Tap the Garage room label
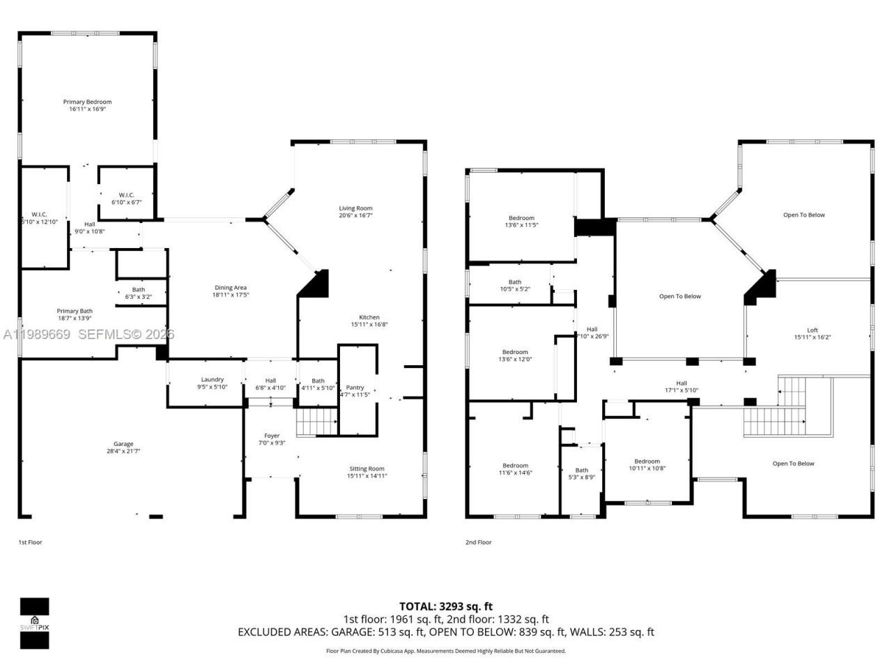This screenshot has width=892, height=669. [123, 444]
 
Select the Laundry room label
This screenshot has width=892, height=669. [212, 379]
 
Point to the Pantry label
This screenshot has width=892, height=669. [355, 387]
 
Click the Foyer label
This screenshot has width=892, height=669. [272, 436]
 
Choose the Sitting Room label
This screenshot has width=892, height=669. [367, 468]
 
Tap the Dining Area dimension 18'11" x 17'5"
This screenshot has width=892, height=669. [231, 295]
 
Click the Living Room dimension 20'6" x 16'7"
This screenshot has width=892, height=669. [355, 215]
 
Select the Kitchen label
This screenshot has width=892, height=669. [369, 317]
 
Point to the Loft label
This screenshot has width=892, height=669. [813, 330]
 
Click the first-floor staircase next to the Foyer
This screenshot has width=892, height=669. [316, 422]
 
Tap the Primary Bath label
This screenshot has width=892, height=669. [75, 311]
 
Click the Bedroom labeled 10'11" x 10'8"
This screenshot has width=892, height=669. [647, 461]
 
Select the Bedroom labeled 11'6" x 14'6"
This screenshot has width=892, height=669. [516, 466]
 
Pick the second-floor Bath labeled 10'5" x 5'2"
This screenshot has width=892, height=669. [515, 282]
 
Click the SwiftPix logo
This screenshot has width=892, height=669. [34, 622]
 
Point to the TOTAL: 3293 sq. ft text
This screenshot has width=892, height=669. [445, 606]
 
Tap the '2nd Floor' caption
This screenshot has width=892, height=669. [479, 542]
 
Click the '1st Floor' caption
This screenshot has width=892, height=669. [30, 542]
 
